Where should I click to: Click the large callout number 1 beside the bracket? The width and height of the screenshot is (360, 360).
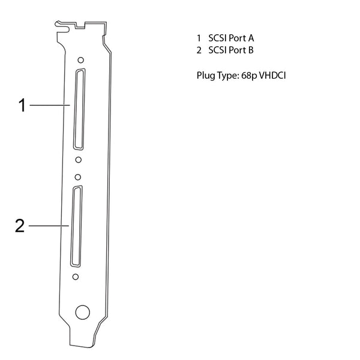(x=22, y=105)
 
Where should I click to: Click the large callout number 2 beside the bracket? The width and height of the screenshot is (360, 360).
(x=20, y=226)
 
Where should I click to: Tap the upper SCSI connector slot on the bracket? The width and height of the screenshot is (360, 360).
(x=79, y=109)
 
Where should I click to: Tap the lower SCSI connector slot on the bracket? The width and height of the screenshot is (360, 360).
(x=76, y=226)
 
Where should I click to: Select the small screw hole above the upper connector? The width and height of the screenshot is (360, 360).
(x=80, y=60)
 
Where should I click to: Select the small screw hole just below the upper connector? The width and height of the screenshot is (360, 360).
(x=78, y=160)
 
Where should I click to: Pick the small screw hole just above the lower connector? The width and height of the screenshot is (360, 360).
(x=78, y=177)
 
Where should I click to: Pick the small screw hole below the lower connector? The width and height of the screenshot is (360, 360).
(x=76, y=277)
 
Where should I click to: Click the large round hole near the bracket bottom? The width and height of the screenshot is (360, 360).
(x=82, y=312)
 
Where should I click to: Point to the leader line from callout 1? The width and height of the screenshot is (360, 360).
(x=50, y=105)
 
